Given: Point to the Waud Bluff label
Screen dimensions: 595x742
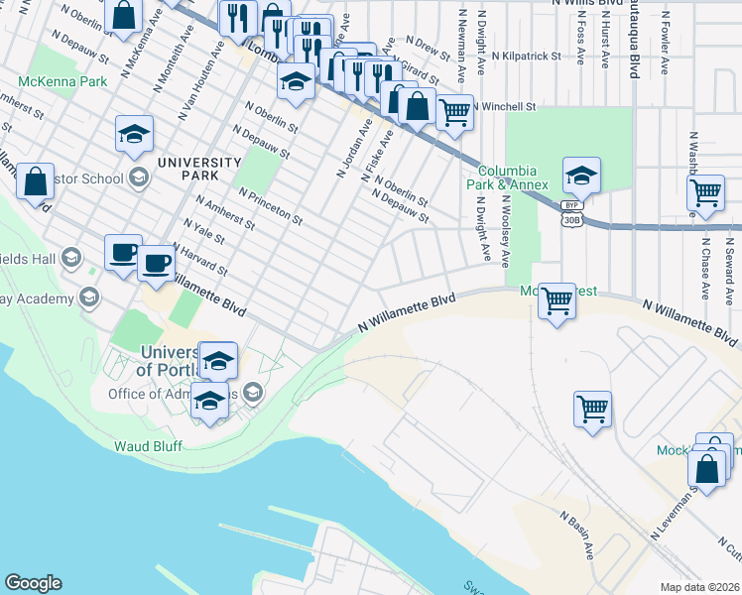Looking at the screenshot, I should (149, 446).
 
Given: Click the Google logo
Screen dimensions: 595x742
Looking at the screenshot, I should (33, 583).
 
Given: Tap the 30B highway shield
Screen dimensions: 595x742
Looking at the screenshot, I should (569, 220).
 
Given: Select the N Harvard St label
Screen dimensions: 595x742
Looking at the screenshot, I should (200, 259).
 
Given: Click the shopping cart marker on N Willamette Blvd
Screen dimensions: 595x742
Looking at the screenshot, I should (556, 299).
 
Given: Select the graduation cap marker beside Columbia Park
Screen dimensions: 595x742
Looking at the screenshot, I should (580, 176).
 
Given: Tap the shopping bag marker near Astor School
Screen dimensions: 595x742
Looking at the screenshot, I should (35, 181).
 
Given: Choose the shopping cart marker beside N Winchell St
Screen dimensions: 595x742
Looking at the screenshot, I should (454, 112).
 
